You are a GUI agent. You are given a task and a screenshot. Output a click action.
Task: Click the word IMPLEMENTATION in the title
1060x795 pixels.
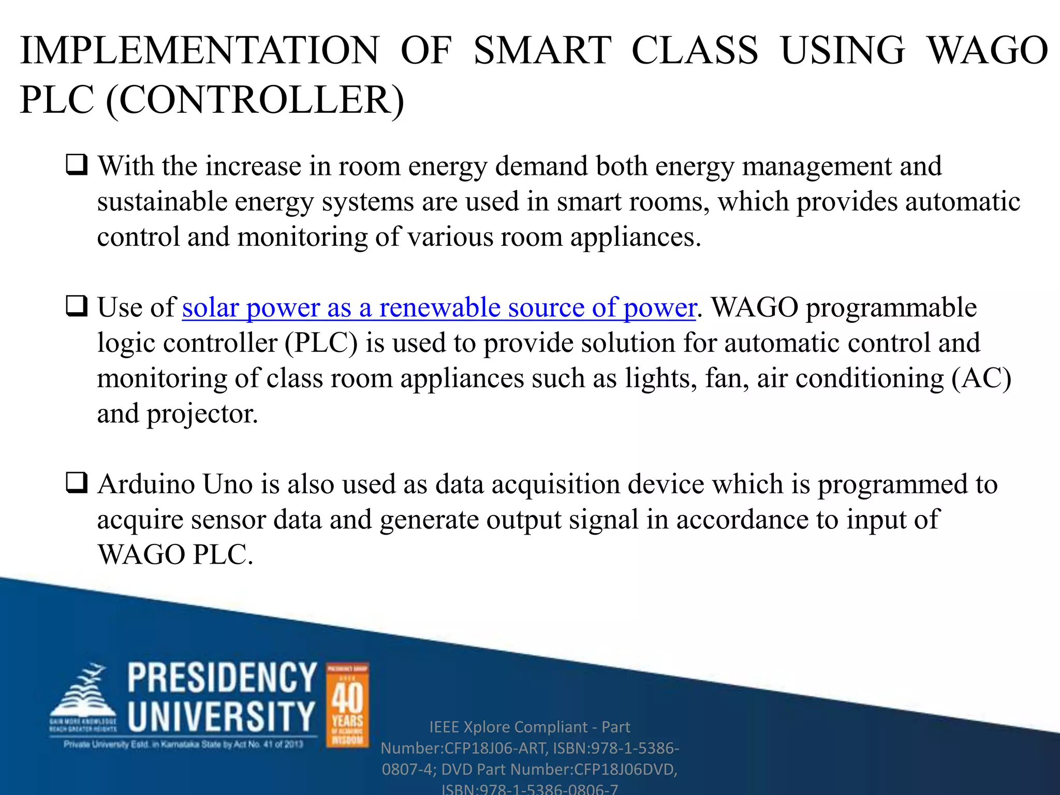pos(200,51)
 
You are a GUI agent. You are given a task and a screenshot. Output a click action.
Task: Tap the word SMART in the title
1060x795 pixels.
pos(542,51)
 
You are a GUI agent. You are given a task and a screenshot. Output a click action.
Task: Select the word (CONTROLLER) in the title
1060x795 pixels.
pos(255,100)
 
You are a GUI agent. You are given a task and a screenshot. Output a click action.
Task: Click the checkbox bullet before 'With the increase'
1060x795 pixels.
pos(77,165)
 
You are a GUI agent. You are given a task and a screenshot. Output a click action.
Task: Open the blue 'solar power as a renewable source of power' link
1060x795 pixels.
pos(439,307)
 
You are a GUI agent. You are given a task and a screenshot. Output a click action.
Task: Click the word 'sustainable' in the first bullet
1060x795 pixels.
pos(162,201)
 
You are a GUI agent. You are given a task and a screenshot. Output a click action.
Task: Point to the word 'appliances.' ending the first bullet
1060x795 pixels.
pos(636,237)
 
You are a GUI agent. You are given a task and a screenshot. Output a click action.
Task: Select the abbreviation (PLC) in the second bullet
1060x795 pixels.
pos(321,343)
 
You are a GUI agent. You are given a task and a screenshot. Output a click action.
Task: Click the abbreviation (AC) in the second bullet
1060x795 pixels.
pos(981,378)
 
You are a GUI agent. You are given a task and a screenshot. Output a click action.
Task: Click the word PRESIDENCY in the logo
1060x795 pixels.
pos(222,678)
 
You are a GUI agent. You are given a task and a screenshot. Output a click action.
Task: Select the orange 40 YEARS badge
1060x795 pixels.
pos(347,705)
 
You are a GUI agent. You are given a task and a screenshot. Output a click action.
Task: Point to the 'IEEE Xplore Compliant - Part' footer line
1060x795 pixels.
pos(529,727)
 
